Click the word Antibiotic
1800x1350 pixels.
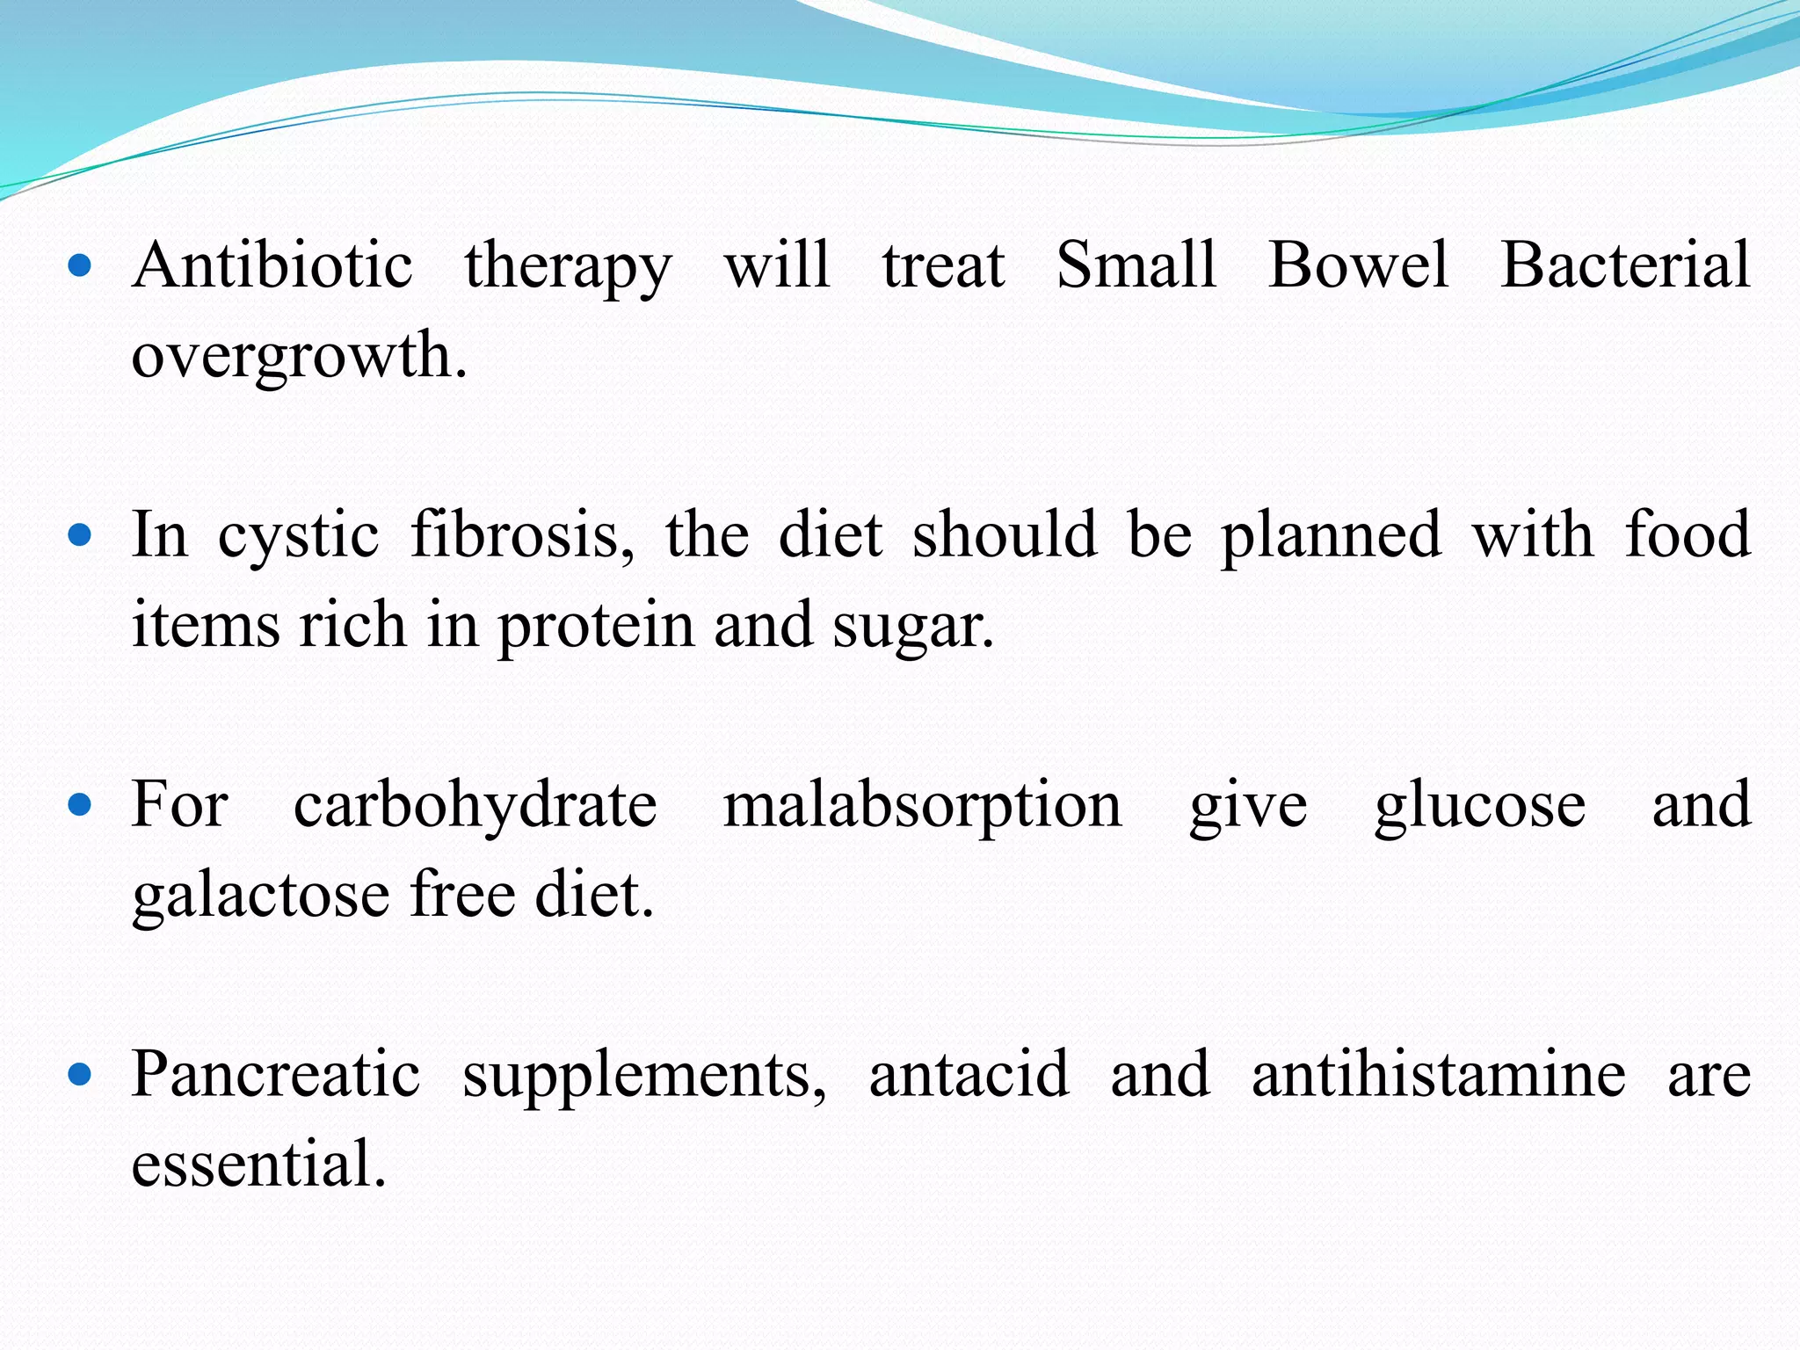[272, 265]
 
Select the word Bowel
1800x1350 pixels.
[1358, 265]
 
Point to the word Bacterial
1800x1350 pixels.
[1625, 265]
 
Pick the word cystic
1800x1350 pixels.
[298, 536]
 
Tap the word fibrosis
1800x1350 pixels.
[522, 536]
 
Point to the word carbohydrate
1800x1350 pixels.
[475, 806]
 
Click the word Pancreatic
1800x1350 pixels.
[276, 1074]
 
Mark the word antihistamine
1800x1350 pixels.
[1439, 1074]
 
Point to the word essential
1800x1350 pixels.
[259, 1165]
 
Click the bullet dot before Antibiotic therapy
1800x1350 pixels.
[79, 265]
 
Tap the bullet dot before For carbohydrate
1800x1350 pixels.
[79, 805]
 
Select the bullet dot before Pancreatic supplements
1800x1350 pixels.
[79, 1074]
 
